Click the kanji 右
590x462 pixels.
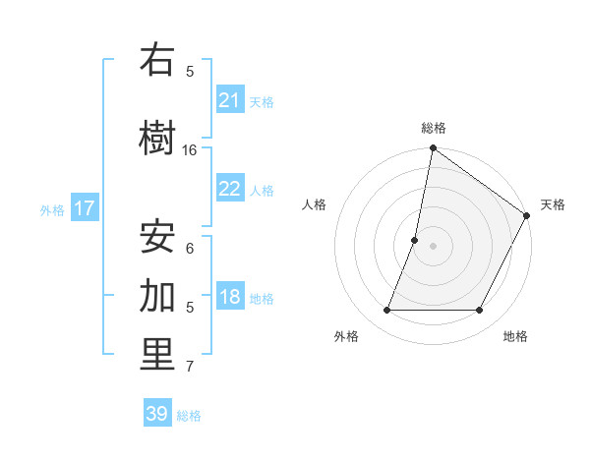click(x=157, y=61)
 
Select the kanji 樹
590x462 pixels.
click(x=157, y=138)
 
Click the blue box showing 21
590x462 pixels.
click(x=230, y=100)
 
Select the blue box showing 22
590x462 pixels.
click(x=230, y=189)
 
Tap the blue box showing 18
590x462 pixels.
click(x=230, y=298)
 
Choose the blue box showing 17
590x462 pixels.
click(x=85, y=208)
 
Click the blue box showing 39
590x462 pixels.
click(x=157, y=414)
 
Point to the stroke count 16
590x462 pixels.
click(x=190, y=150)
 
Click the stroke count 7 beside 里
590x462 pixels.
click(x=190, y=367)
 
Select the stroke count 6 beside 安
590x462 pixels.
click(x=190, y=248)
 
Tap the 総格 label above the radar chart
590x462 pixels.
click(x=434, y=128)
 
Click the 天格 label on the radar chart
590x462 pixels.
click(x=553, y=204)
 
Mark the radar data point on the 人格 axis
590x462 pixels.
click(x=415, y=240)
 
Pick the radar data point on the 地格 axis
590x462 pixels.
click(x=480, y=311)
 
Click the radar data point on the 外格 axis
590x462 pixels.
click(x=386, y=311)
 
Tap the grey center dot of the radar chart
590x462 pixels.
click(x=433, y=246)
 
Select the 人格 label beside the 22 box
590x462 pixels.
click(x=262, y=190)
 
